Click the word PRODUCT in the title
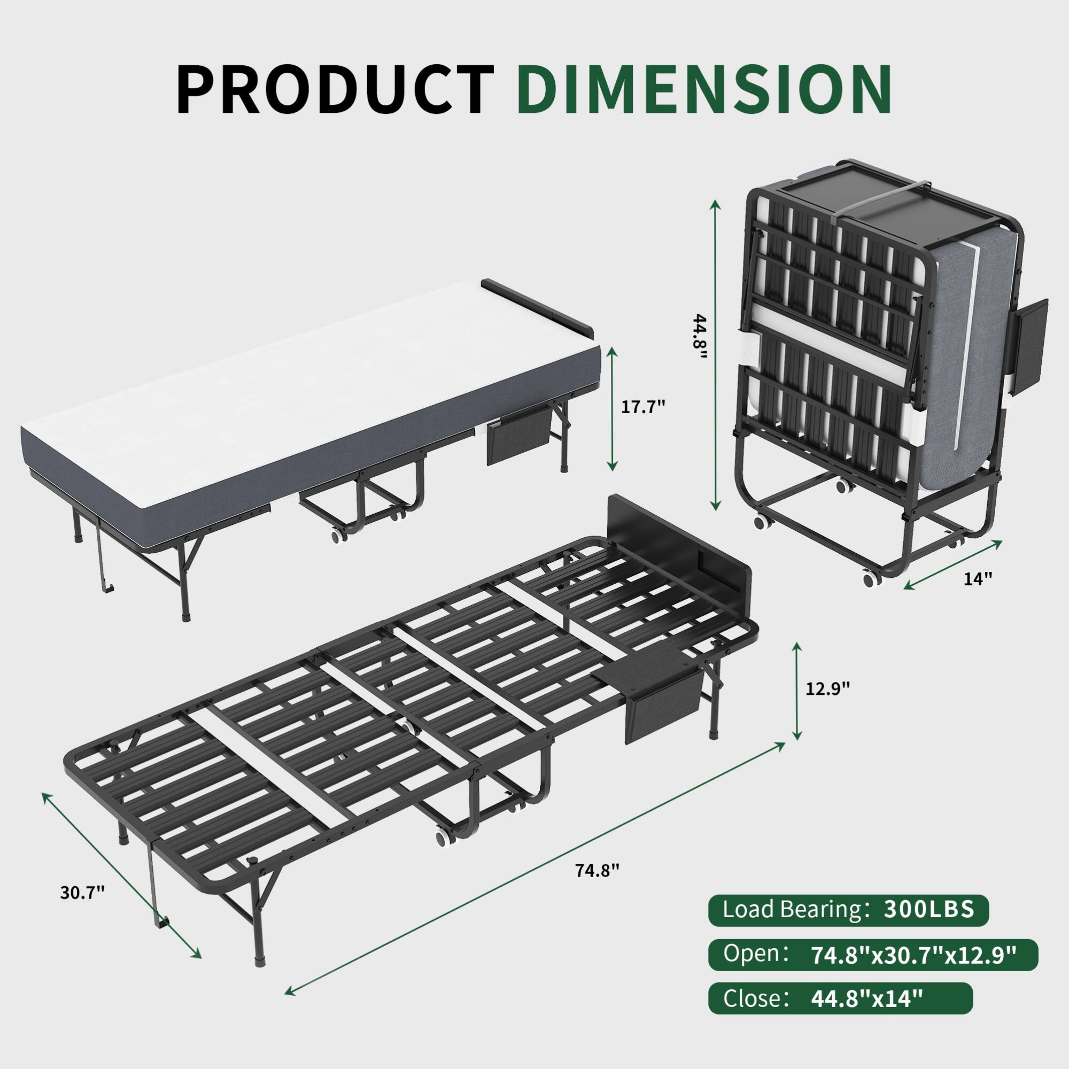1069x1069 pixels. pyautogui.click(x=335, y=89)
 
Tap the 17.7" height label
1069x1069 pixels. pyautogui.click(x=642, y=407)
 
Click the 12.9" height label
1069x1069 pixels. pyautogui.click(x=827, y=688)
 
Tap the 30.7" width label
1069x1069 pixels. pyautogui.click(x=82, y=908)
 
